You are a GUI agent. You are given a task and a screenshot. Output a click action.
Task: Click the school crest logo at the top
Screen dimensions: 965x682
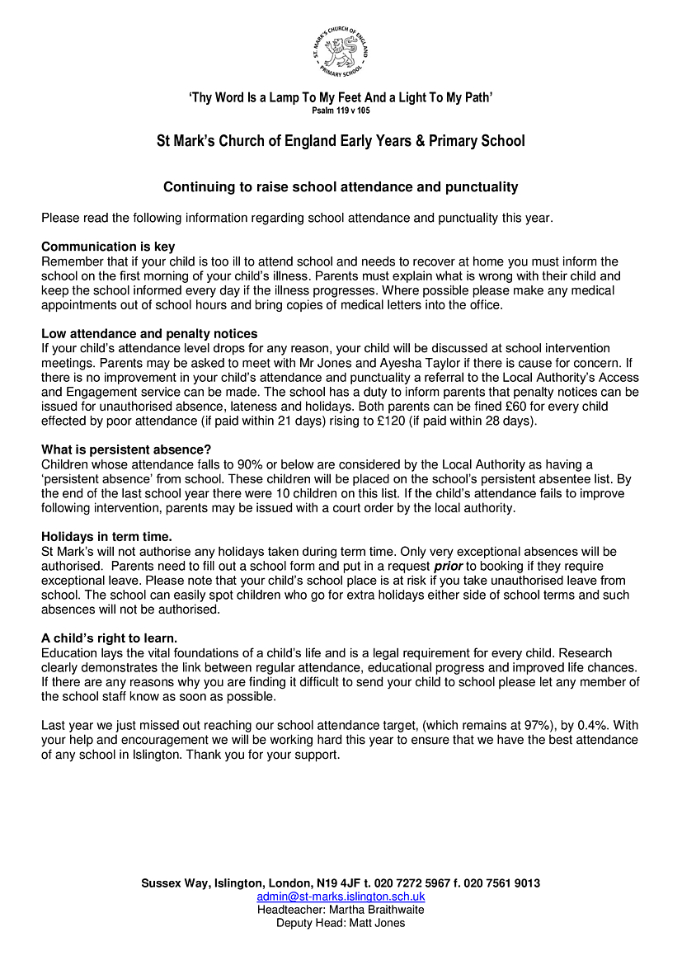[340, 52]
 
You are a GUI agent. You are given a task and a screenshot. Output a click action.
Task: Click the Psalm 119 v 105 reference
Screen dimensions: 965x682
[341, 110]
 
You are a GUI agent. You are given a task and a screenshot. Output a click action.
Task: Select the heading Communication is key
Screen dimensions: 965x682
[108, 247]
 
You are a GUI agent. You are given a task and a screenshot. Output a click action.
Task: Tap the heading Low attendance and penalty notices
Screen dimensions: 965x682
[149, 334]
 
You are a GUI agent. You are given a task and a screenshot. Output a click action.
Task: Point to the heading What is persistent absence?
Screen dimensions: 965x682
[126, 450]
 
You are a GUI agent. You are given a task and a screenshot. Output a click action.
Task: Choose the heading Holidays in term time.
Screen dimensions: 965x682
[106, 537]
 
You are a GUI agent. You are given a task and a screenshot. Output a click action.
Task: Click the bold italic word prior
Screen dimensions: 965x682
[448, 567]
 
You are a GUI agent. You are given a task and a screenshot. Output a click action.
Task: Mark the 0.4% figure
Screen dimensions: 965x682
[587, 726]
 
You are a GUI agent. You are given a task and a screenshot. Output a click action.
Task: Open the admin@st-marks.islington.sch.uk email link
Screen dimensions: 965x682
[341, 897]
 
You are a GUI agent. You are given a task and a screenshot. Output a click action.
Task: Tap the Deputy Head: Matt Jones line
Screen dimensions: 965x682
[341, 923]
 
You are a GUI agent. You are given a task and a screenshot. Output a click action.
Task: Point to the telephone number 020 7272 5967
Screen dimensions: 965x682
[412, 883]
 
